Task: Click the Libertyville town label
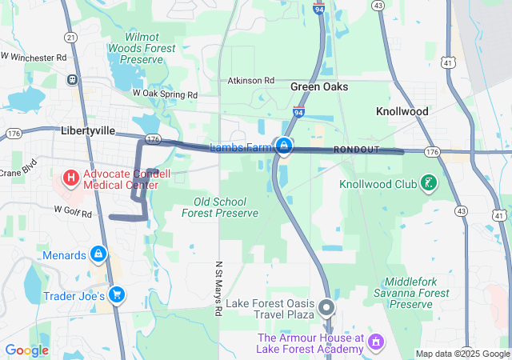point(88,130)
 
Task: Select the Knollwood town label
point(402,111)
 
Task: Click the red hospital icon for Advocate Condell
point(71,176)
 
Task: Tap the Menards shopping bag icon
point(98,254)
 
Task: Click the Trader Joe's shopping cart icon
point(117,295)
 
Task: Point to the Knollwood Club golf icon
point(430,183)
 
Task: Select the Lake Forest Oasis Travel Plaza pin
point(326,306)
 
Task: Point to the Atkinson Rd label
point(250,81)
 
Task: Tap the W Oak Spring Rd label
point(164,94)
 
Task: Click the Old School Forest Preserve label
point(220,207)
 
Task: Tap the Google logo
point(26,350)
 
